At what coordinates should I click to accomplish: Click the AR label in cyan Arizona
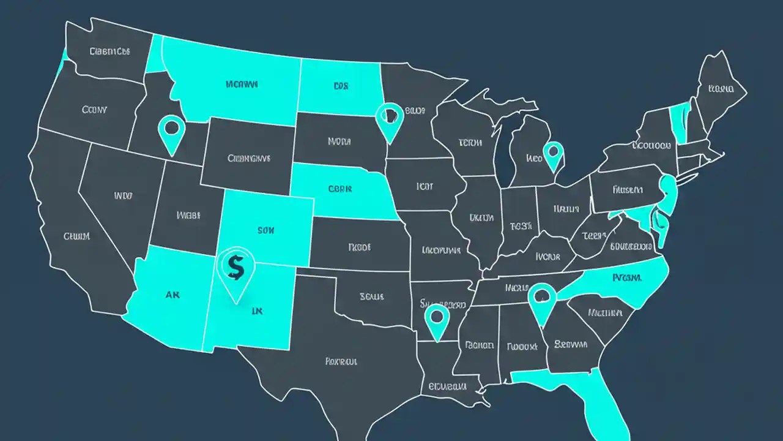coord(173,295)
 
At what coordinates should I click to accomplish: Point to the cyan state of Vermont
coord(678,123)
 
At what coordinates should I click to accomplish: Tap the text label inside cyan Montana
coord(242,84)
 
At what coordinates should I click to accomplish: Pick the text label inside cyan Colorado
coord(266,231)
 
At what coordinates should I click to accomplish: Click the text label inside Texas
coord(341,361)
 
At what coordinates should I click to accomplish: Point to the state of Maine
coord(720,89)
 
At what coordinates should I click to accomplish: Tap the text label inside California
coord(77,236)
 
